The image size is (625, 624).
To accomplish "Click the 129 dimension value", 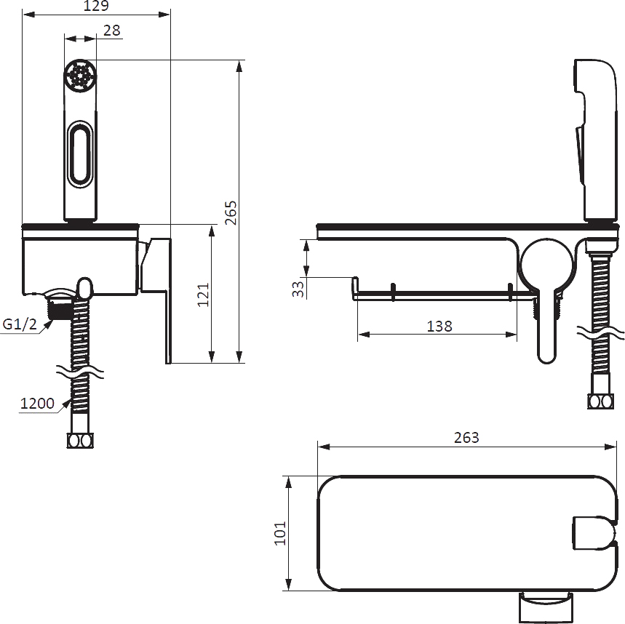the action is tap(96, 5).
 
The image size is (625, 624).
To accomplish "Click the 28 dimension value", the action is tap(111, 31).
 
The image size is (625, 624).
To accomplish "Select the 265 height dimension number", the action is tap(231, 213).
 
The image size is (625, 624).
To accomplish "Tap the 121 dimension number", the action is tap(203, 295).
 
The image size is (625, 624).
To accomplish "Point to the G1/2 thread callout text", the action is tap(20, 324).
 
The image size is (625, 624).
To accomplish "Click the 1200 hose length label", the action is tap(37, 403).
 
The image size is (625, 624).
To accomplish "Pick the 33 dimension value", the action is tap(298, 289).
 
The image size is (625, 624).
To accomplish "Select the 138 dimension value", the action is tap(439, 327).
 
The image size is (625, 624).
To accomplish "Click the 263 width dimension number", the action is tap(466, 438).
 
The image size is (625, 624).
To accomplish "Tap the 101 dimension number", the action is tap(280, 533).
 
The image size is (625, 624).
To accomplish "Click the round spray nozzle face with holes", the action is tap(80, 74).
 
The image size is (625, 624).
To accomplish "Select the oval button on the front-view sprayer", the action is tap(81, 153).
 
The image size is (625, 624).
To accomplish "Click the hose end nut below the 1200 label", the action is tap(80, 441).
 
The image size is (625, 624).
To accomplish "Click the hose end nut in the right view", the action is tap(601, 401).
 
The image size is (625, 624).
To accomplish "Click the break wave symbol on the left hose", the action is tap(80, 373).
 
